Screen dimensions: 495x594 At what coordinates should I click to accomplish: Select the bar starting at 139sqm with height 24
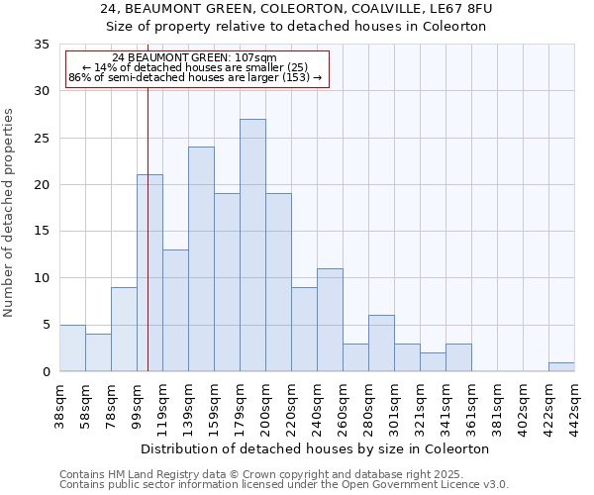click(201, 259)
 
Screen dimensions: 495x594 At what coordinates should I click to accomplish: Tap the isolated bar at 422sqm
click(561, 366)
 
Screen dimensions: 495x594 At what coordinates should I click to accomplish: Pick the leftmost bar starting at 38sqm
click(72, 348)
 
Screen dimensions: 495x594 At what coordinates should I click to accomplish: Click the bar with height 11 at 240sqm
click(330, 320)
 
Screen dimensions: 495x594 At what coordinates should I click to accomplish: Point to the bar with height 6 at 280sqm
click(381, 344)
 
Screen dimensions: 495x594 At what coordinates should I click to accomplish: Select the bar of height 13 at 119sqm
click(175, 311)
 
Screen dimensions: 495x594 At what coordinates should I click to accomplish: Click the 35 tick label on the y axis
click(42, 45)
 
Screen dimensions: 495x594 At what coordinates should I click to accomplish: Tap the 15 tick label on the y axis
click(42, 232)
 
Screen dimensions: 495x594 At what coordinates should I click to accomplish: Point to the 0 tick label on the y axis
click(46, 372)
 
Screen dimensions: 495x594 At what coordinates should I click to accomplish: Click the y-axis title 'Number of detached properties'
click(10, 212)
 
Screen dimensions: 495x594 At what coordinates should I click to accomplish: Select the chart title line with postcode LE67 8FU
click(296, 9)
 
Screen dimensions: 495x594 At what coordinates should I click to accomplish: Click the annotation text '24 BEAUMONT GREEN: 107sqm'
click(195, 58)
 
